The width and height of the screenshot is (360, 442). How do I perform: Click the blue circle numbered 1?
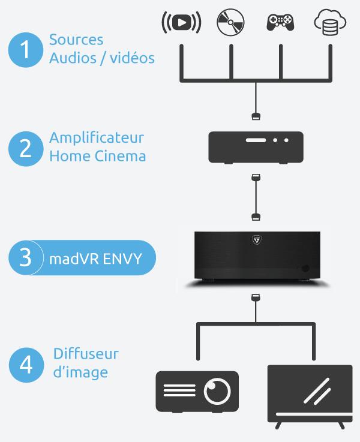pyautogui.click(x=25, y=49)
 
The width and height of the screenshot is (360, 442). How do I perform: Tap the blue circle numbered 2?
pyautogui.click(x=25, y=147)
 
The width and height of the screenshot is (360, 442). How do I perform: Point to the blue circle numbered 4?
pyautogui.click(x=25, y=363)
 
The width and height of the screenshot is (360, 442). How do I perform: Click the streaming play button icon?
pyautogui.click(x=181, y=22)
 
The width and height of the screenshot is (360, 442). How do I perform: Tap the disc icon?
pyautogui.click(x=231, y=22)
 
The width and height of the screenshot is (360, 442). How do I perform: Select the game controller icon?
pyautogui.click(x=280, y=22)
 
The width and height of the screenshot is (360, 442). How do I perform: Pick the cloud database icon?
pyautogui.click(x=329, y=23)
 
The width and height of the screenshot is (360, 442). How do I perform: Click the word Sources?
pyautogui.click(x=76, y=40)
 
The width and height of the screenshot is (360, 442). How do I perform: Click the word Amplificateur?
pyautogui.click(x=97, y=138)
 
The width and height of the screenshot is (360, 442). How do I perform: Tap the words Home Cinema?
pyautogui.click(x=97, y=157)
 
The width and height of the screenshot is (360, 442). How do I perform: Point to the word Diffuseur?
pyautogui.click(x=86, y=353)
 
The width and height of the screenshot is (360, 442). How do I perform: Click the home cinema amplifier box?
pyautogui.click(x=256, y=147)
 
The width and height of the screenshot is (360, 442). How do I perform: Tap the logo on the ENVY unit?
pyautogui.click(x=256, y=240)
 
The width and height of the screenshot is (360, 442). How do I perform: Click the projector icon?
pyautogui.click(x=197, y=391)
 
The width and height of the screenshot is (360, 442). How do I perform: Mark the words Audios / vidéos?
pyautogui.click(x=101, y=58)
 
